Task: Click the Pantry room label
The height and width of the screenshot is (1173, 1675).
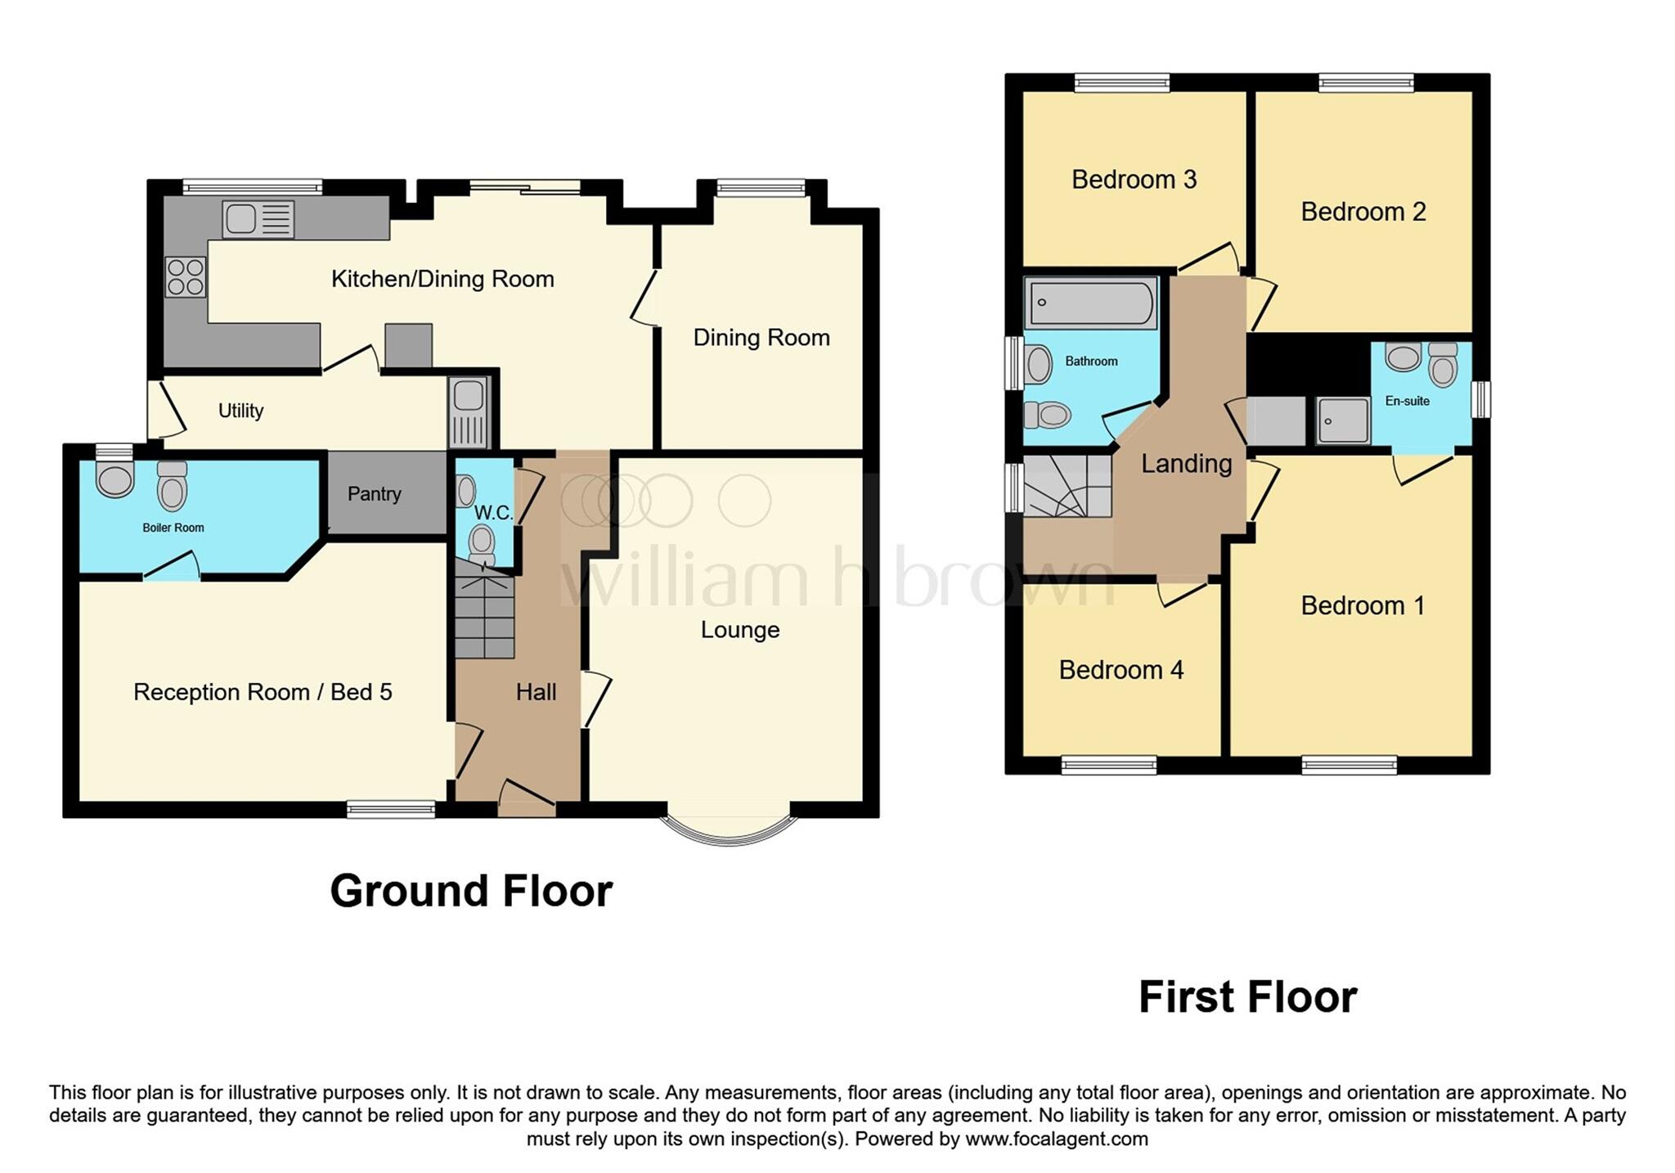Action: (x=374, y=494)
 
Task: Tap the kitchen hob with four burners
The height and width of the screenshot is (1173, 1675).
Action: (x=185, y=276)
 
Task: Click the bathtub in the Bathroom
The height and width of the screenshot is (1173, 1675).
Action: (x=1090, y=303)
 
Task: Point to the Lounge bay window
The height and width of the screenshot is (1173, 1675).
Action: (x=729, y=829)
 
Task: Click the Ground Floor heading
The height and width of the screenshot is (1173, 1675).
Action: (x=470, y=891)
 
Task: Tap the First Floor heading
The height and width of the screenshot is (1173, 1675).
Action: (x=1247, y=997)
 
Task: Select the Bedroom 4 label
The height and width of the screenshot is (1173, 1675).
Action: (x=1120, y=670)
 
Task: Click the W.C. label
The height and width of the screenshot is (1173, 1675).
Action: (x=493, y=513)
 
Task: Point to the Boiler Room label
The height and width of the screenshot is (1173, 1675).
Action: (x=173, y=528)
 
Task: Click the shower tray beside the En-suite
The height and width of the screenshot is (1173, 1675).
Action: (x=1342, y=420)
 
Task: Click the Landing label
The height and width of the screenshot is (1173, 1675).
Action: (x=1186, y=464)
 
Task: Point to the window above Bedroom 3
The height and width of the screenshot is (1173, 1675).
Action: (x=1121, y=82)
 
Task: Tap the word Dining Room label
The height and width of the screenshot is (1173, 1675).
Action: (x=761, y=338)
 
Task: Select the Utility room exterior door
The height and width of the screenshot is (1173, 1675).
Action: (x=167, y=410)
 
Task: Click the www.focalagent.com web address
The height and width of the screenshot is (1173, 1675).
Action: (x=1056, y=1139)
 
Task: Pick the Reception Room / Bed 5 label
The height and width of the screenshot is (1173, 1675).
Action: (x=263, y=692)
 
